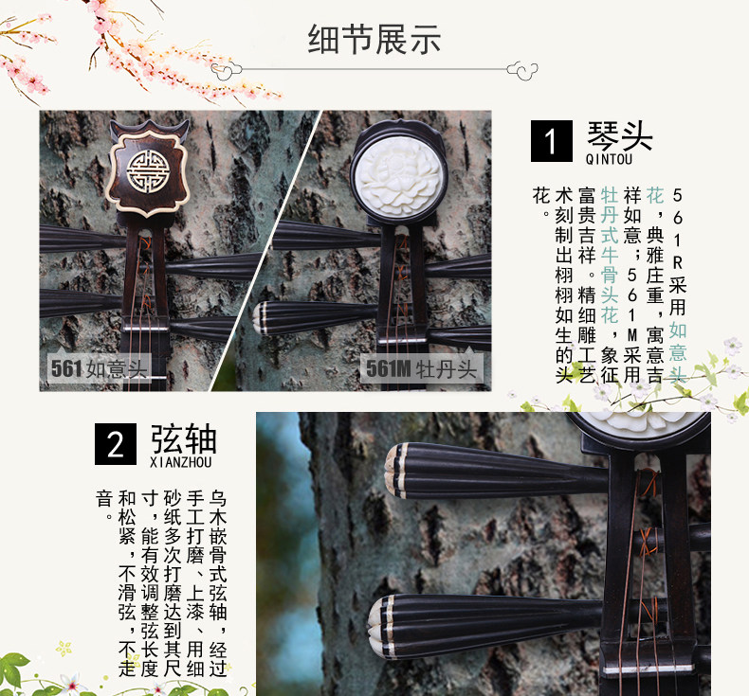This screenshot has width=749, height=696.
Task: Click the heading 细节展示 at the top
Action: [x=374, y=40]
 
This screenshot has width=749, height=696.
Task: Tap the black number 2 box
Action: [x=115, y=443]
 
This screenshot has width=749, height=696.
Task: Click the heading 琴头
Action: [x=620, y=135]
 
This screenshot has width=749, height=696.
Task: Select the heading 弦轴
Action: [x=183, y=438]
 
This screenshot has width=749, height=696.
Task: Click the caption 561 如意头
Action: [x=99, y=368]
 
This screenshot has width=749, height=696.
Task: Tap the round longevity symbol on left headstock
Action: [x=146, y=169]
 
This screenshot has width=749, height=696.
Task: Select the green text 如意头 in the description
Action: [x=677, y=351]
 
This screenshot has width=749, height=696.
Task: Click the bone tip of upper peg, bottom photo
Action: [x=394, y=469]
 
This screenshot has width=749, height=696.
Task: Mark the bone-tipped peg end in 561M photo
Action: [x=265, y=318]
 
